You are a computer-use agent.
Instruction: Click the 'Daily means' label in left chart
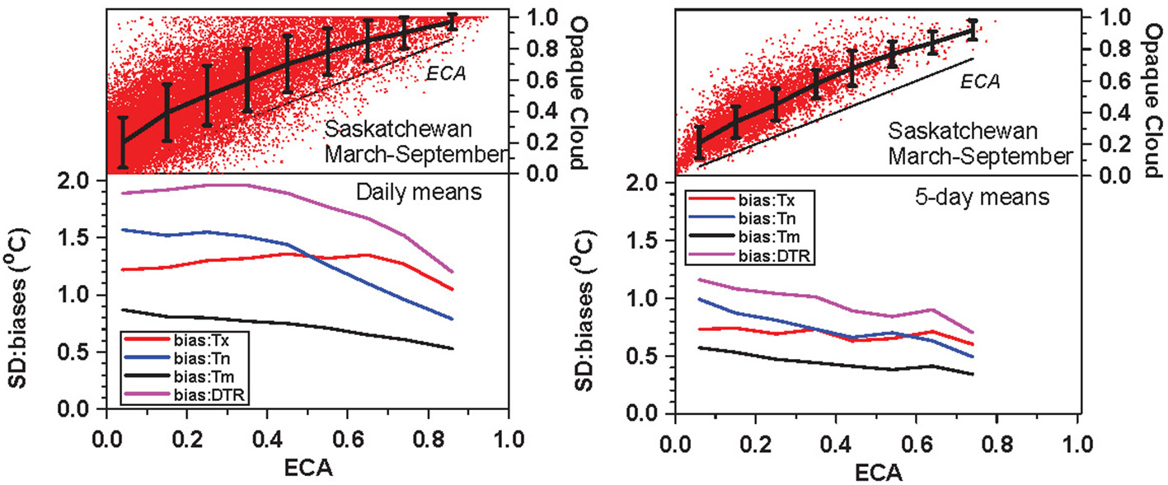click(403, 194)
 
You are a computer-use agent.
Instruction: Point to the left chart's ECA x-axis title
click(305, 467)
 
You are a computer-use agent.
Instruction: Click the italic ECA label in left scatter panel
click(447, 74)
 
